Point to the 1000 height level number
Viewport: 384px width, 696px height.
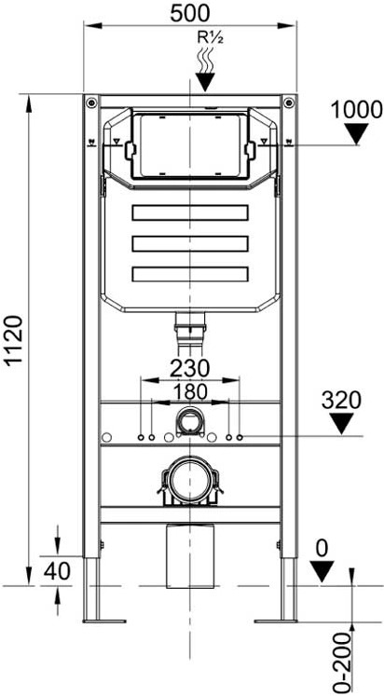[x=356, y=109]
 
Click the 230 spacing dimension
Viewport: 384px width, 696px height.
[x=190, y=368]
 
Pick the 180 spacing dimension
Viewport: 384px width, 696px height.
[x=190, y=391]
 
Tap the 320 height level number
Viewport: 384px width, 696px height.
[x=341, y=401]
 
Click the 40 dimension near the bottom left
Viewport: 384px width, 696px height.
[x=57, y=571]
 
